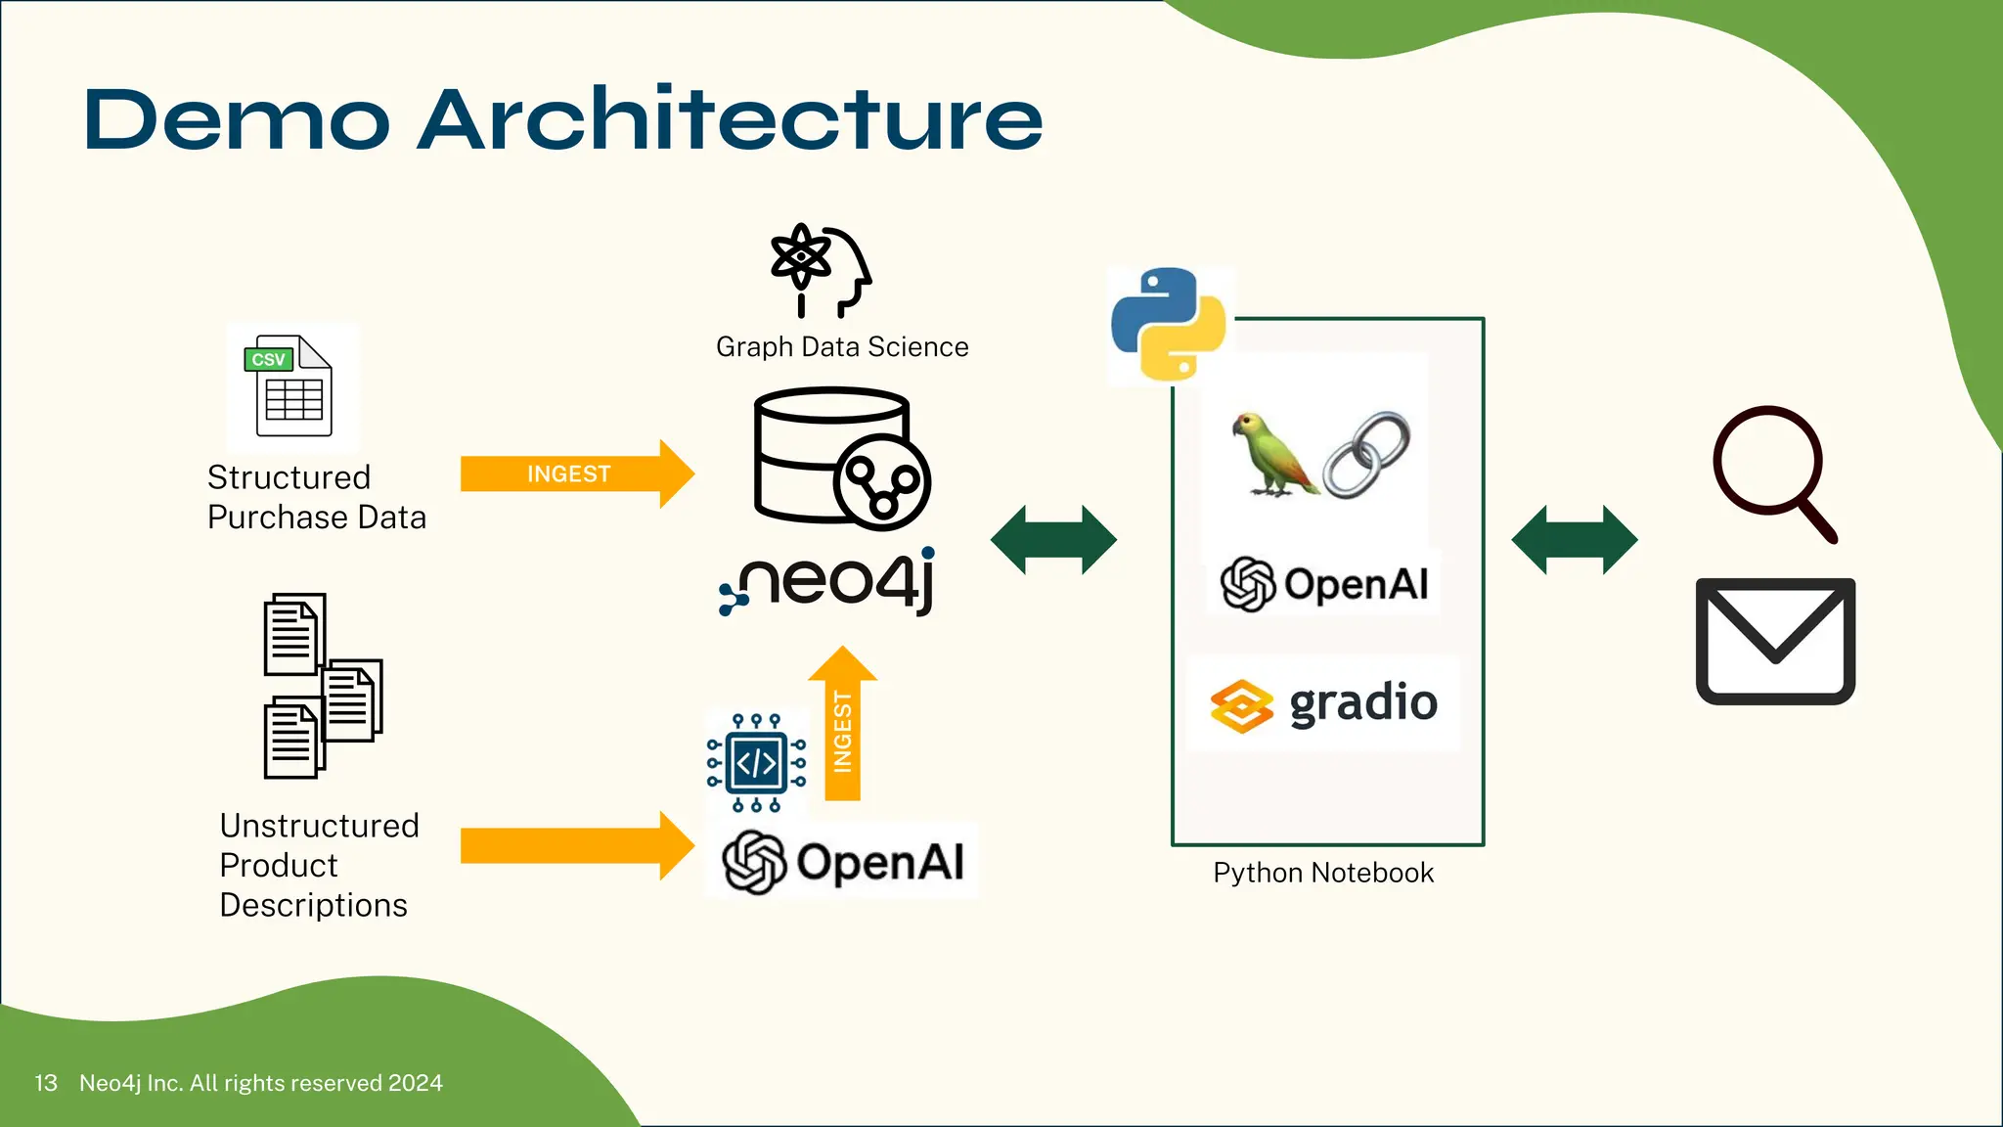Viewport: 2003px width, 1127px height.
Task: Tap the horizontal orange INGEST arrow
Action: click(576, 474)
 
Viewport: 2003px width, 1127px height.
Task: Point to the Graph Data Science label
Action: click(841, 347)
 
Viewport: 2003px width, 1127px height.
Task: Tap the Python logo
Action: click(1169, 324)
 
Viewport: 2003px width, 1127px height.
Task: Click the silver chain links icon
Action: click(1366, 454)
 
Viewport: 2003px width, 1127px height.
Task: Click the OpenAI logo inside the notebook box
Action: click(1324, 585)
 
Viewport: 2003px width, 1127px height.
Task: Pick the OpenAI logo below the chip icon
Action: click(843, 862)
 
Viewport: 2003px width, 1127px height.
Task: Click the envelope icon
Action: click(1775, 641)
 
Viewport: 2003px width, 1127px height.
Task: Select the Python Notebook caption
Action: click(1322, 873)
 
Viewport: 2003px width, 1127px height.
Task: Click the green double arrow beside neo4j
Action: click(1053, 540)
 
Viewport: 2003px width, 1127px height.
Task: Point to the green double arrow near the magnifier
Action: click(1574, 540)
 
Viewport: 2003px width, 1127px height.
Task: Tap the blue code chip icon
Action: click(756, 763)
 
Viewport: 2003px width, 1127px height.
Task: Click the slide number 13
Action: click(45, 1083)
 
